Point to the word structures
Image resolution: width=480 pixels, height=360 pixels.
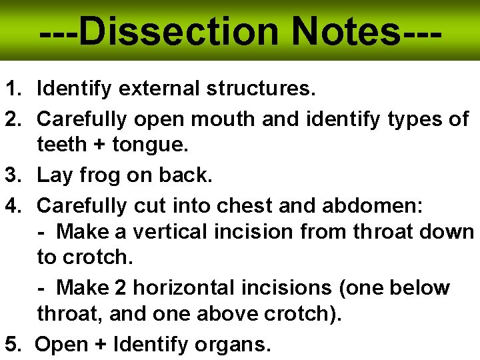[x=261, y=87]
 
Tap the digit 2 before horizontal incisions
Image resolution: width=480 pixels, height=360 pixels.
[x=120, y=288]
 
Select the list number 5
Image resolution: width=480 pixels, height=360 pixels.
[x=12, y=345]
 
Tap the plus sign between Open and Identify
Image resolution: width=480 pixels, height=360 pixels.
[x=100, y=345]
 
